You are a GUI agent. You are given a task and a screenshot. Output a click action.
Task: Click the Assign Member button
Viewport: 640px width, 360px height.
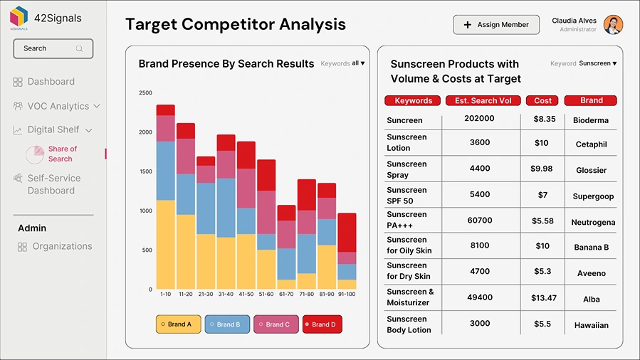pyautogui.click(x=496, y=25)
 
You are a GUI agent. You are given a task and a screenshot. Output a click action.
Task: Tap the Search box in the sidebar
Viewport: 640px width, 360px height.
pyautogui.click(x=53, y=48)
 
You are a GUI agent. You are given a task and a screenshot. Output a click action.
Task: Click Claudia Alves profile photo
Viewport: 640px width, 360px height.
pyautogui.click(x=613, y=25)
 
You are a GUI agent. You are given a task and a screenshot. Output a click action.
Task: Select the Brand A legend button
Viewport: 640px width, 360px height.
pyautogui.click(x=179, y=324)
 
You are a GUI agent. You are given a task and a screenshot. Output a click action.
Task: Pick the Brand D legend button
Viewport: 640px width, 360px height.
pyautogui.click(x=322, y=324)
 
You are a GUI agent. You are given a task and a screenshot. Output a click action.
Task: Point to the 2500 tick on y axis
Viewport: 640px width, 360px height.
pyautogui.click(x=145, y=93)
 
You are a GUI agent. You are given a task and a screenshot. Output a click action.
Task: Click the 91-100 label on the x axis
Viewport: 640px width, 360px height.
pyautogui.click(x=347, y=294)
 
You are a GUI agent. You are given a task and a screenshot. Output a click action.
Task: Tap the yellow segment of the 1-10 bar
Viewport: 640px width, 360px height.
pyautogui.click(x=166, y=244)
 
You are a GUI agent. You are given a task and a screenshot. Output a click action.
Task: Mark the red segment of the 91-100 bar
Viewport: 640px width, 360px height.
pyautogui.click(x=347, y=232)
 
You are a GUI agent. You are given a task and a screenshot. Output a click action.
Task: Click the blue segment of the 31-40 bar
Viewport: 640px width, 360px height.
pyautogui.click(x=226, y=208)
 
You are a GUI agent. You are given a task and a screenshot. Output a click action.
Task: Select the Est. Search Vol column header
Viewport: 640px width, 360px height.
pyautogui.click(x=483, y=100)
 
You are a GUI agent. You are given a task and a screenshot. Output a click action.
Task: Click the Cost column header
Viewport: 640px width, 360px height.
pyautogui.click(x=542, y=100)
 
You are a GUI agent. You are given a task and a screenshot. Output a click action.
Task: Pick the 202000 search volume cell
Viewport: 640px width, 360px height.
pyautogui.click(x=479, y=119)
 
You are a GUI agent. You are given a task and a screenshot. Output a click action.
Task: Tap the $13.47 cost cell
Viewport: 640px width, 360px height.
pyautogui.click(x=543, y=298)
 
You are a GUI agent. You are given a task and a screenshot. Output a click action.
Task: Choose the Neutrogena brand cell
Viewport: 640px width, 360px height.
pyautogui.click(x=592, y=223)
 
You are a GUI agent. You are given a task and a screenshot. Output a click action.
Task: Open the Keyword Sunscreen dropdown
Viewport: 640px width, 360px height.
pyautogui.click(x=597, y=63)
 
